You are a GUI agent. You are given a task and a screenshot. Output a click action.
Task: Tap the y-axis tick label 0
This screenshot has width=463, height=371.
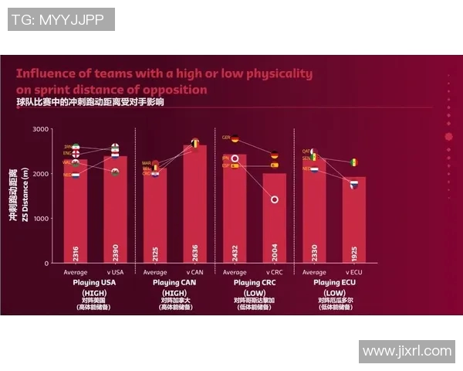(x=46, y=264)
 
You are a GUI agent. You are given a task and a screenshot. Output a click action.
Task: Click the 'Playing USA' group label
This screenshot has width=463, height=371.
(x=95, y=283)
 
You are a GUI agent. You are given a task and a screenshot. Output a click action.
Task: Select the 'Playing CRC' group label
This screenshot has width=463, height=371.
(x=255, y=283)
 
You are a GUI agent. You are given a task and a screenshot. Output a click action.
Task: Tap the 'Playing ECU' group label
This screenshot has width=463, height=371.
(x=333, y=283)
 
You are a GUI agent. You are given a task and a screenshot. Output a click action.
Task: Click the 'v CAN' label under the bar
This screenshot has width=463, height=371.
(x=194, y=272)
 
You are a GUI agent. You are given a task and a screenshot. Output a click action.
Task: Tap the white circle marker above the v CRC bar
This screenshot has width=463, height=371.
(x=274, y=199)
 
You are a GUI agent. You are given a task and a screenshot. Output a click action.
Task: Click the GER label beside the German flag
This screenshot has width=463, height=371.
(x=226, y=138)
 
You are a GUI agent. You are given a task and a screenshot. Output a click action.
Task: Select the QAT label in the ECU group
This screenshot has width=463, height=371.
(x=306, y=151)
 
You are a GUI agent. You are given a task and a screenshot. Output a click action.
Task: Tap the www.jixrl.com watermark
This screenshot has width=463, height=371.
(x=407, y=351)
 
